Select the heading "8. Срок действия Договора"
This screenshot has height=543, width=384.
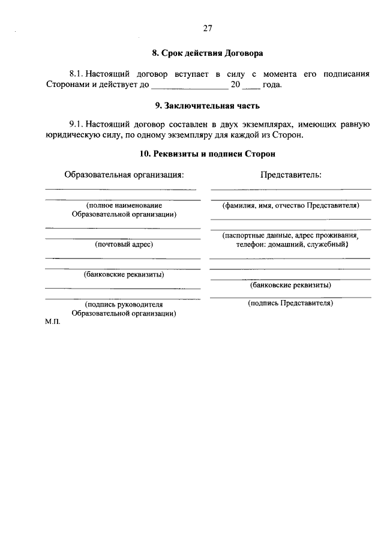[208, 53]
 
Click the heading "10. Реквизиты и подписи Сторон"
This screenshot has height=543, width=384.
[208, 154]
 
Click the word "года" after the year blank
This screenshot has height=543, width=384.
[272, 85]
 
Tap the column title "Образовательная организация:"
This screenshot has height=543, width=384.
[123, 175]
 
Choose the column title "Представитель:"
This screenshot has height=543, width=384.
[290, 175]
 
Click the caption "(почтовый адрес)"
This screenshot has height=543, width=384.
[124, 244]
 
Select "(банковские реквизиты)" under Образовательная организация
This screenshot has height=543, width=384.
[124, 275]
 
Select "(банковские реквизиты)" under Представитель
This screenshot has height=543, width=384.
[290, 285]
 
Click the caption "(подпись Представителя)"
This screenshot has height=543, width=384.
[290, 304]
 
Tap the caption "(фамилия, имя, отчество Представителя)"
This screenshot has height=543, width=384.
[290, 205]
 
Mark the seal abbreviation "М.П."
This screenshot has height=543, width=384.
[53, 322]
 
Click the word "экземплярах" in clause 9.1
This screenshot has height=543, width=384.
[262, 124]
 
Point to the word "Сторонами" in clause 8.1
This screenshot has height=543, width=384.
[67, 85]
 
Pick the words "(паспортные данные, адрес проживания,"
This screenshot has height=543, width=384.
[290, 236]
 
